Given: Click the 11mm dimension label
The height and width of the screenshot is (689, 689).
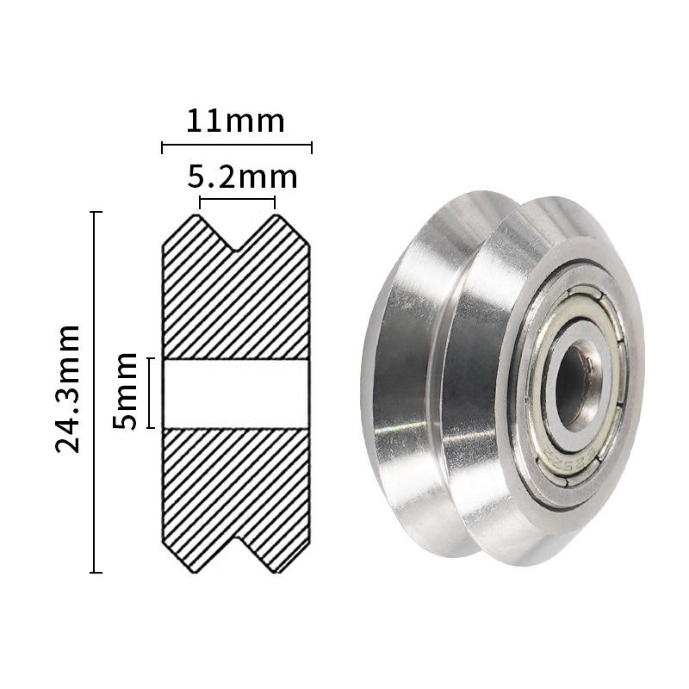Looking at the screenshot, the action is click(235, 121).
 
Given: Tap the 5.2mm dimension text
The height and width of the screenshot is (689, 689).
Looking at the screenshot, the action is click(243, 177).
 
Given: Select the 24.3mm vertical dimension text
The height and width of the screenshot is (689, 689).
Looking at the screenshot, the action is click(68, 388).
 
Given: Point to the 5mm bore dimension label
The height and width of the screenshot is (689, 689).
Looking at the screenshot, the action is click(125, 391).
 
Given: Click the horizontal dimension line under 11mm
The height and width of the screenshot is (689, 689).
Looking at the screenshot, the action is click(237, 143).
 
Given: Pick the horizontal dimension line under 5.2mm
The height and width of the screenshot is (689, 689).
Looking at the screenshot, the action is click(238, 199).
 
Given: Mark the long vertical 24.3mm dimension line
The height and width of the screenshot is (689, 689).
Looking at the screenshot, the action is click(95, 392).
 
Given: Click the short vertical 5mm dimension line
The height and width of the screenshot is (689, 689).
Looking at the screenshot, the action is click(151, 393).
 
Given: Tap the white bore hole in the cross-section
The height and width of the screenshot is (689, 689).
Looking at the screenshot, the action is click(236, 394).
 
